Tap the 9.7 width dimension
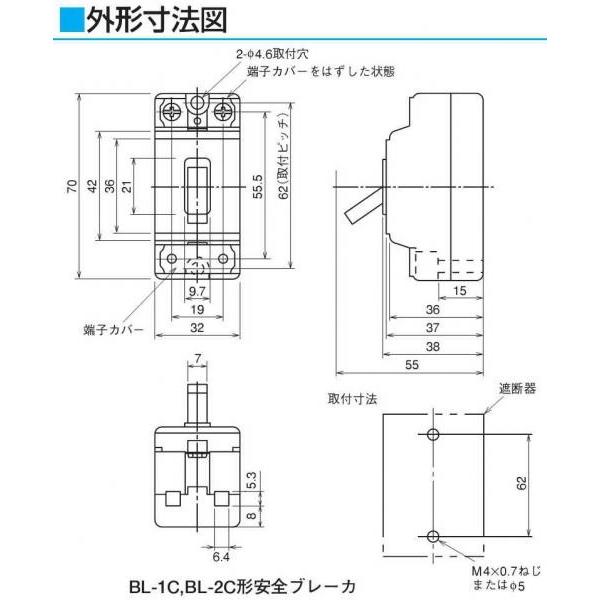pos(195,290)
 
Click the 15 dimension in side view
pos(459,291)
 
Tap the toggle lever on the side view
pos(361,207)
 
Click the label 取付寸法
pos(351,397)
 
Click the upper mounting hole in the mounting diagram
pos(432,434)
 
